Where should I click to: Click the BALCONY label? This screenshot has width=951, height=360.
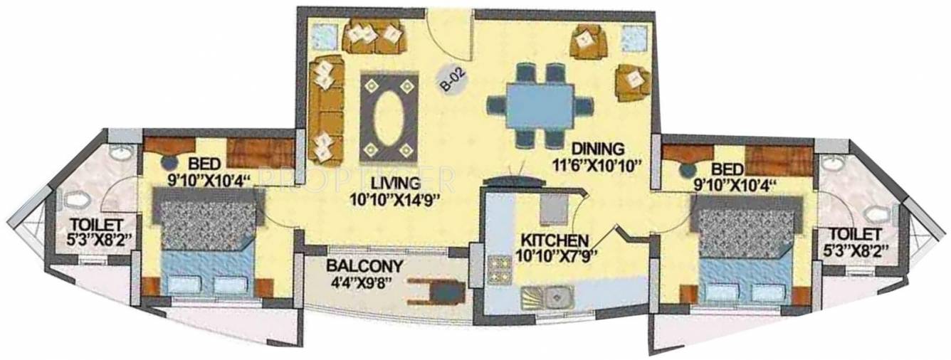(x=364, y=267)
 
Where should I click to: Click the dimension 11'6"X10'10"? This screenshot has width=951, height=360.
(x=601, y=168)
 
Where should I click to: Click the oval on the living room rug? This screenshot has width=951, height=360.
(x=387, y=117)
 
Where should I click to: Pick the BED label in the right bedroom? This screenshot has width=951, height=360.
(x=727, y=169)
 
